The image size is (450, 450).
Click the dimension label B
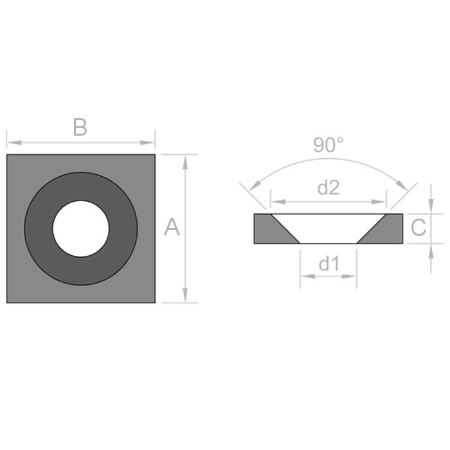pyautogui.click(x=80, y=128)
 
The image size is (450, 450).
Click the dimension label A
pyautogui.click(x=172, y=227)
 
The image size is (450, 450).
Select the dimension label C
pyautogui.click(x=418, y=228)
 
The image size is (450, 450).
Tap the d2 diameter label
pyautogui.click(x=328, y=188)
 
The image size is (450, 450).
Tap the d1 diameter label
pyautogui.click(x=328, y=264)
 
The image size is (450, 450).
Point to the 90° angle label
pyautogui.click(x=328, y=145)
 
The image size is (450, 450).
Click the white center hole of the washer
pyautogui.click(x=81, y=228)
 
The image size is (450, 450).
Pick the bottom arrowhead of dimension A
pyautogui.click(x=185, y=296)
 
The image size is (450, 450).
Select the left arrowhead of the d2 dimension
pyautogui.click(x=276, y=201)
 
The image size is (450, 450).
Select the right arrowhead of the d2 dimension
pyautogui.click(x=381, y=201)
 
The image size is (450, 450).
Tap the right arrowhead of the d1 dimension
pyautogui.click(x=351, y=276)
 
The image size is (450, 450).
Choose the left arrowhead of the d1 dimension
pyautogui.click(x=305, y=276)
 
